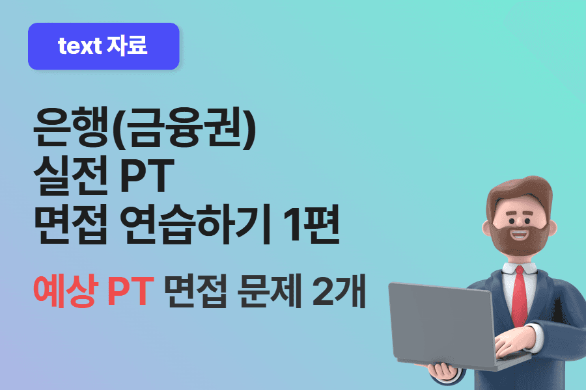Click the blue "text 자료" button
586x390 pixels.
104,46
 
